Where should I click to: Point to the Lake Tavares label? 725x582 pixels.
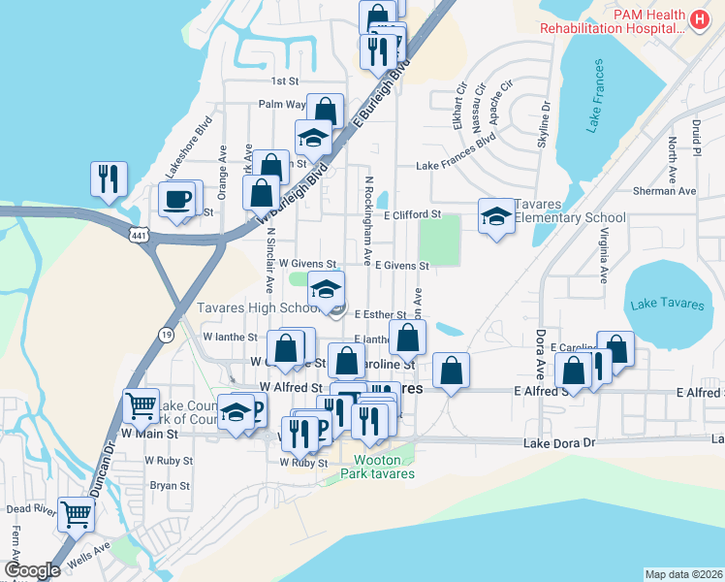[667, 304]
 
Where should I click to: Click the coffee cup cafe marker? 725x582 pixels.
[176, 200]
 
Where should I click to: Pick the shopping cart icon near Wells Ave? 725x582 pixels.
[76, 514]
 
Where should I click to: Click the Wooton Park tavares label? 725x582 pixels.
[377, 467]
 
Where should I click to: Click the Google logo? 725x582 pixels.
[32, 570]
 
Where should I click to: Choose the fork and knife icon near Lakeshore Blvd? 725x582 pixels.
[108, 178]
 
